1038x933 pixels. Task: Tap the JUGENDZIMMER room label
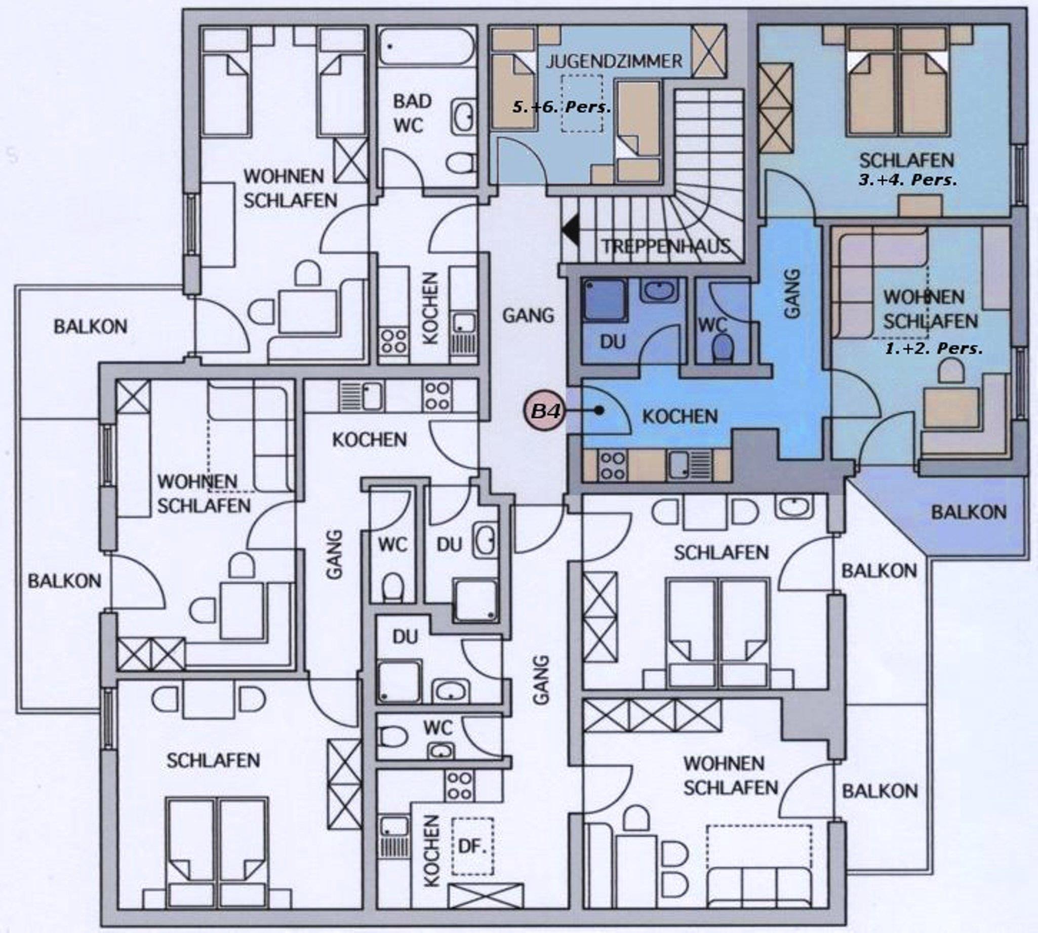coord(614,62)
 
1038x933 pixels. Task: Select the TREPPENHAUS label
coord(666,247)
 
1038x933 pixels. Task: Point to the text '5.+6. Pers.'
coord(562,108)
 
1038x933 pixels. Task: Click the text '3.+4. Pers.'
coord(908,180)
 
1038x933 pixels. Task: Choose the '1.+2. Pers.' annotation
coord(934,349)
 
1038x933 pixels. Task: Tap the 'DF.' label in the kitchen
coord(472,846)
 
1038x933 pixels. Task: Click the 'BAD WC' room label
coord(412,113)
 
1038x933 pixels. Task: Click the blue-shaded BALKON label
coord(969,512)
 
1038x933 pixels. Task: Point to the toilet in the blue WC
coord(724,347)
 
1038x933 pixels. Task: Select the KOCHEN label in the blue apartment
coord(680,416)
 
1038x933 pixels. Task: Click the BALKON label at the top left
coord(90,327)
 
